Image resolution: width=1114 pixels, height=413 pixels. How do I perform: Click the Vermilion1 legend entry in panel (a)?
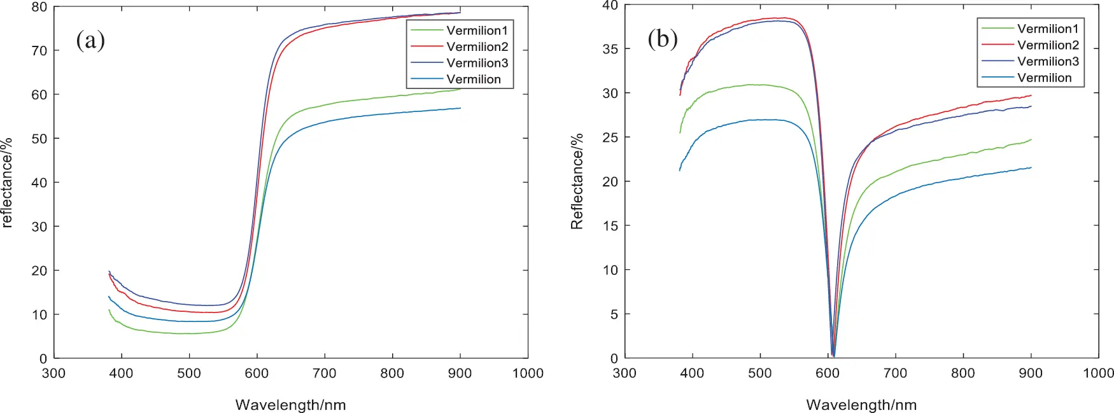pos(477,31)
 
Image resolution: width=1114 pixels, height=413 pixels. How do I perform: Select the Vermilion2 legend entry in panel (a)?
pos(477,46)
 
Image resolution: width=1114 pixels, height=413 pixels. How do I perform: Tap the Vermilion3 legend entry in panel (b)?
pos(1048,61)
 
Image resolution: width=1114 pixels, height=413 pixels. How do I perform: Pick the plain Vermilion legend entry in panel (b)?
pos(1044,78)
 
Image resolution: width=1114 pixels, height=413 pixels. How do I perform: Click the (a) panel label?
pos(90,40)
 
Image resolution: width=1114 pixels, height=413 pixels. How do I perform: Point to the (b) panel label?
pos(662,39)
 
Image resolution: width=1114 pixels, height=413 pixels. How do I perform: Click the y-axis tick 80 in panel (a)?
pos(39,7)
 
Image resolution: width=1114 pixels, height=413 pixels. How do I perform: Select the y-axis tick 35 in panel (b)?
pos(610,49)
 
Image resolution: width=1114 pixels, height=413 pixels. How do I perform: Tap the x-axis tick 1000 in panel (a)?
pos(527,374)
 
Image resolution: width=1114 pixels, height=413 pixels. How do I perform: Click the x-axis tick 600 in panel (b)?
pos(828,374)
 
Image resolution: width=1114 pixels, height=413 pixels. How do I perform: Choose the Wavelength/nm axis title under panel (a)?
pos(290,405)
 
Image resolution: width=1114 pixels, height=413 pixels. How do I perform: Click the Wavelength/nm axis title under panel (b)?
pos(861,405)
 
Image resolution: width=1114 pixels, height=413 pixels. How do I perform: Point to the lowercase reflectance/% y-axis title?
pos(8,183)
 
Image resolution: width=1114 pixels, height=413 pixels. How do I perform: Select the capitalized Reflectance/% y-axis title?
pos(577,181)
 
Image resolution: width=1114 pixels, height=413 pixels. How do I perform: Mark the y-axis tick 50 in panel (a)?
pos(39,139)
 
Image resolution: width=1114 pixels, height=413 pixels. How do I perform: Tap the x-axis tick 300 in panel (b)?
pos(624,374)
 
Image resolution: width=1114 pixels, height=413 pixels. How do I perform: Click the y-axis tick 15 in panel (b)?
pos(610,226)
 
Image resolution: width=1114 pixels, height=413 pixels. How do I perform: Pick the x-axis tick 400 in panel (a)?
pos(121,374)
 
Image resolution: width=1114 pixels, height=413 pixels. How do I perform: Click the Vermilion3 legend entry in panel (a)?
pos(477,63)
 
